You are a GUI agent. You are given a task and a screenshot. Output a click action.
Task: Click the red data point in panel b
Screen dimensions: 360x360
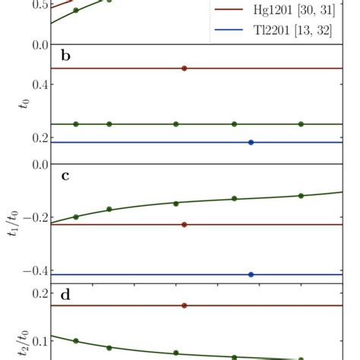[x=185, y=68]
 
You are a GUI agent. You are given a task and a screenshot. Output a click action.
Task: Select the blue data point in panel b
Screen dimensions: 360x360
[x=251, y=142]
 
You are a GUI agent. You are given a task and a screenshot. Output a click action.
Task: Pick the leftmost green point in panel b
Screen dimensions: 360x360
[x=76, y=124]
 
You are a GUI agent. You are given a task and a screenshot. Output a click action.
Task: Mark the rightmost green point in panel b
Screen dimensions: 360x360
[x=302, y=124]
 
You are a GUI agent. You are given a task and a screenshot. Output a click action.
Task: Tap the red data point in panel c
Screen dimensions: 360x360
[x=185, y=225]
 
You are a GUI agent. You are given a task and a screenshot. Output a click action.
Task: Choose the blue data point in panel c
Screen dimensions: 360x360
[x=251, y=274]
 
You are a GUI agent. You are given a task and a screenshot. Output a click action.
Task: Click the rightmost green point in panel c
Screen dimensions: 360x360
[x=302, y=196]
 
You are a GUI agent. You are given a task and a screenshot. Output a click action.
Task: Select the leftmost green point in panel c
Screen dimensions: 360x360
[x=76, y=216]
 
